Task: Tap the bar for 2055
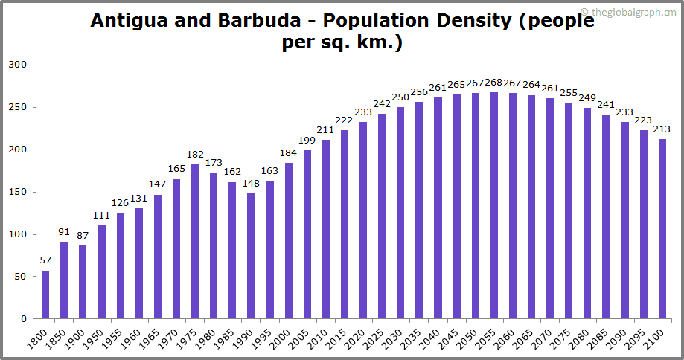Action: click(x=494, y=205)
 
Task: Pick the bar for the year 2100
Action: click(x=662, y=229)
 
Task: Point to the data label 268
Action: click(x=493, y=82)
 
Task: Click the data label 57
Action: click(x=45, y=260)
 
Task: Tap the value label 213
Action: click(x=662, y=129)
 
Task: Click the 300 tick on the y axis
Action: click(x=18, y=65)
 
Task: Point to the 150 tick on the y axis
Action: click(x=18, y=192)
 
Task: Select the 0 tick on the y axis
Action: click(x=24, y=319)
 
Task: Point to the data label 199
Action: click(x=307, y=141)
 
